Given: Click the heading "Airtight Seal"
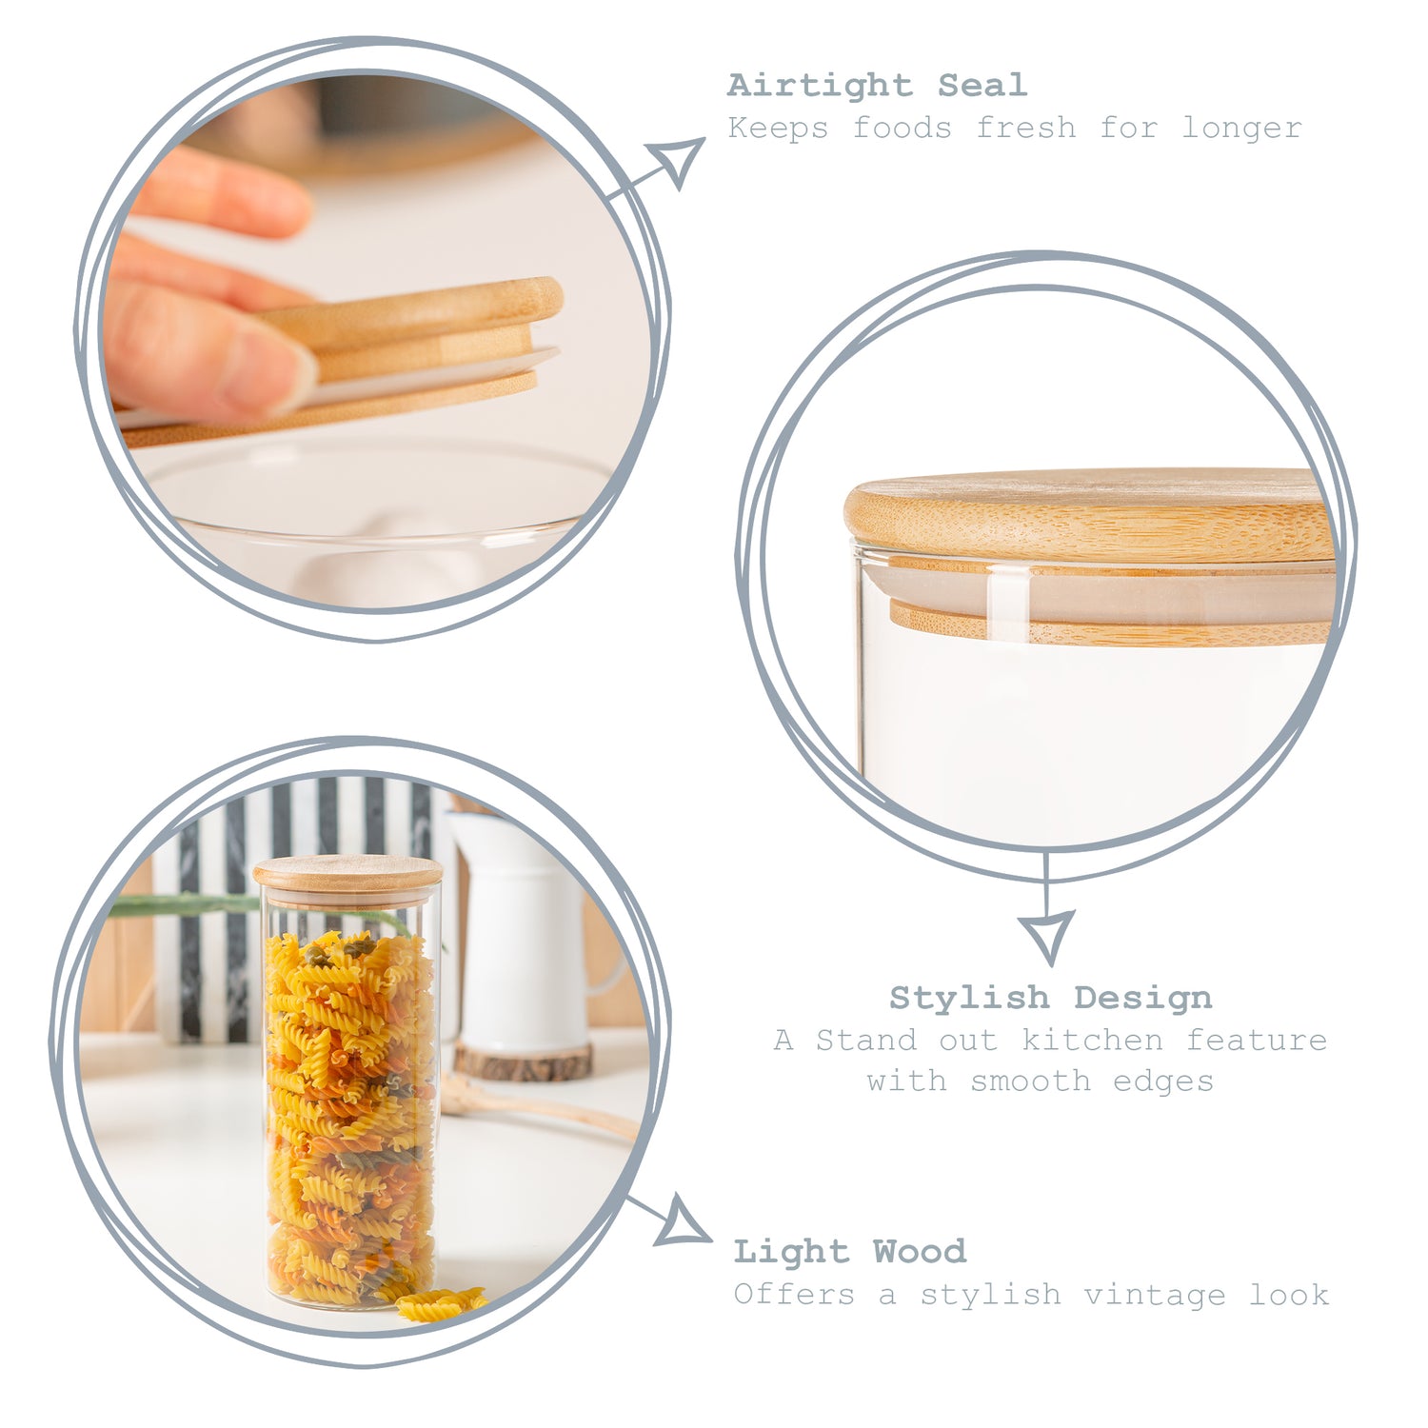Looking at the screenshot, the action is (877, 86).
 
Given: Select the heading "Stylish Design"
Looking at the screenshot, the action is (1051, 998).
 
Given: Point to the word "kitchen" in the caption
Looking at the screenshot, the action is (1092, 1040).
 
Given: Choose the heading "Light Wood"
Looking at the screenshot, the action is (850, 1251).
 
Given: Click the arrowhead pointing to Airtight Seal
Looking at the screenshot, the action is (678, 160).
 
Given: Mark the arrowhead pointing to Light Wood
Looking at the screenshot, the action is (683, 1221).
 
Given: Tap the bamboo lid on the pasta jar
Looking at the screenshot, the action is (347, 875).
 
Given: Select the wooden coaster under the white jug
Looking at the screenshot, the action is (523, 1061).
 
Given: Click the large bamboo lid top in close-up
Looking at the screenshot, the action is (1090, 514).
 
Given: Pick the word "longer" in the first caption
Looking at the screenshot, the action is (1242, 129).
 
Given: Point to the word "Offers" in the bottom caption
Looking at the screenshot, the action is (794, 1295).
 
